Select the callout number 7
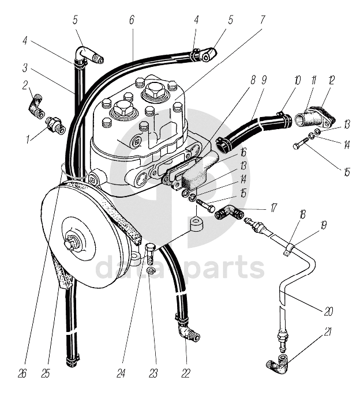tap(263, 20)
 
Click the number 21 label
tap(328, 331)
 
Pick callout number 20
tap(328, 312)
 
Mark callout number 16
tap(243, 153)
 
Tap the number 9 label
tap(263, 80)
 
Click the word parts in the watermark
tap(227, 269)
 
